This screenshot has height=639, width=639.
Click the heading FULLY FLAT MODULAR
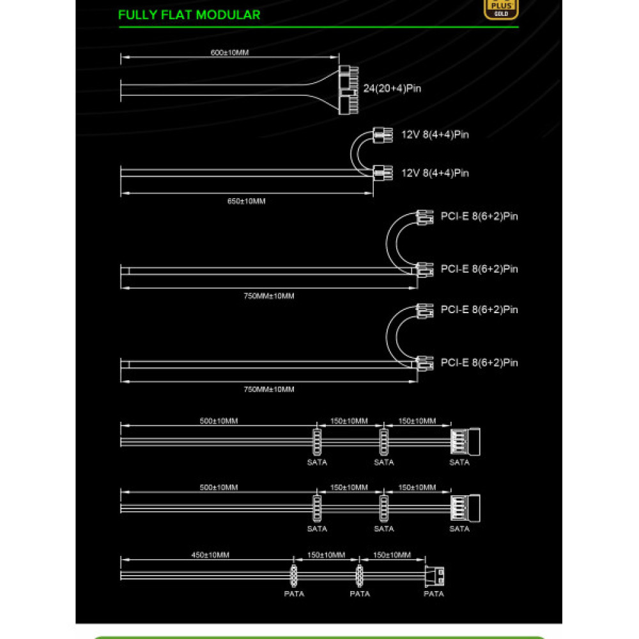pyautogui.click(x=189, y=15)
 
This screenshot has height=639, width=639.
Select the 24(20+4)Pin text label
pyautogui.click(x=392, y=88)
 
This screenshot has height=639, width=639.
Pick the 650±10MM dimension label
pyautogui.click(x=247, y=201)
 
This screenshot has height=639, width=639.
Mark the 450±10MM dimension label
pyautogui.click(x=210, y=555)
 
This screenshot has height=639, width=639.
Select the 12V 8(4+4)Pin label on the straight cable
pyautogui.click(x=435, y=173)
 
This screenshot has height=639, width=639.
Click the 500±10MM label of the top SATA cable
pyautogui.click(x=219, y=421)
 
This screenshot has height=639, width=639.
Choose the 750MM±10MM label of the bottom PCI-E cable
pyautogui.click(x=269, y=389)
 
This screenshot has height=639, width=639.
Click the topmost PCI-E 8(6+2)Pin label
pyautogui.click(x=479, y=216)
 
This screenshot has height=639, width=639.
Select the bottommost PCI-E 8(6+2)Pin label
pyautogui.click(x=479, y=363)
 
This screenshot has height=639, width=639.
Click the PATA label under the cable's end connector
pyautogui.click(x=434, y=594)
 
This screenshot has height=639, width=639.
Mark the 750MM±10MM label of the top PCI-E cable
pyautogui.click(x=269, y=296)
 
